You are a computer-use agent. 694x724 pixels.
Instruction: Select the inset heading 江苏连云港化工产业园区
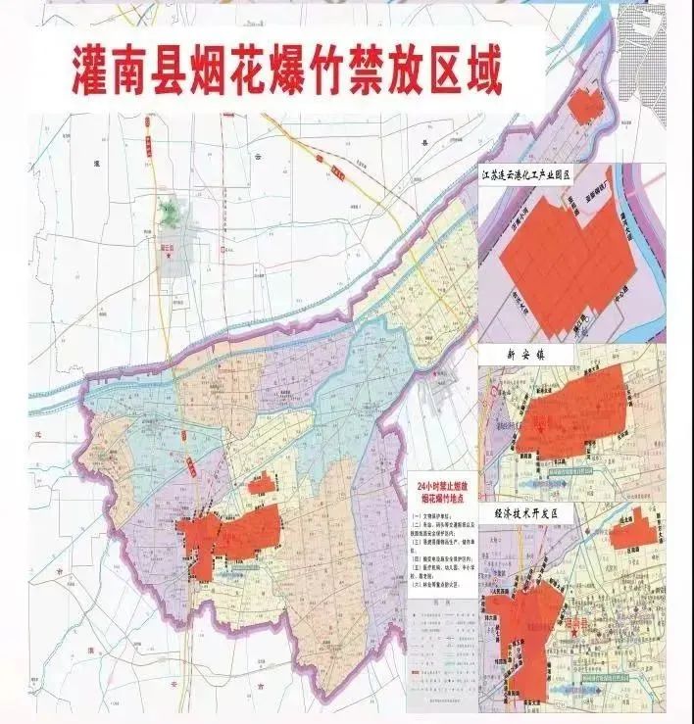[538, 172]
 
